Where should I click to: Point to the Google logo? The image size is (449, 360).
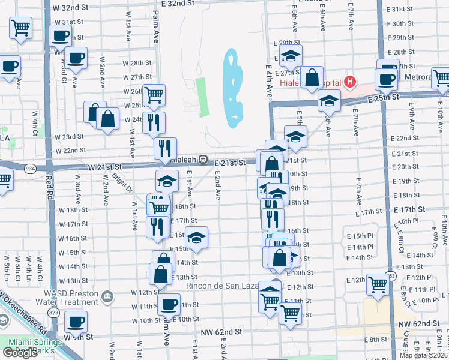click(20, 353)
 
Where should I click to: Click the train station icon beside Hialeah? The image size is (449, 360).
click(203, 161)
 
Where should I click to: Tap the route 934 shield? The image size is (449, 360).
click(28, 170)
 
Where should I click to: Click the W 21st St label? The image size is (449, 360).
click(105, 166)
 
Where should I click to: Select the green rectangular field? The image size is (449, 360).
click(201, 97)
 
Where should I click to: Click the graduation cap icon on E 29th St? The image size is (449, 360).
click(291, 56)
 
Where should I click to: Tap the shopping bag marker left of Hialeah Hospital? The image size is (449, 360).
click(312, 78)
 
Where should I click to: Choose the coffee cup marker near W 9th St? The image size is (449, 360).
click(76, 322)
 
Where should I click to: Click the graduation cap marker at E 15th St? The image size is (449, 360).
click(196, 239)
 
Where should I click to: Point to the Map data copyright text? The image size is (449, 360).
click(424, 355)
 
